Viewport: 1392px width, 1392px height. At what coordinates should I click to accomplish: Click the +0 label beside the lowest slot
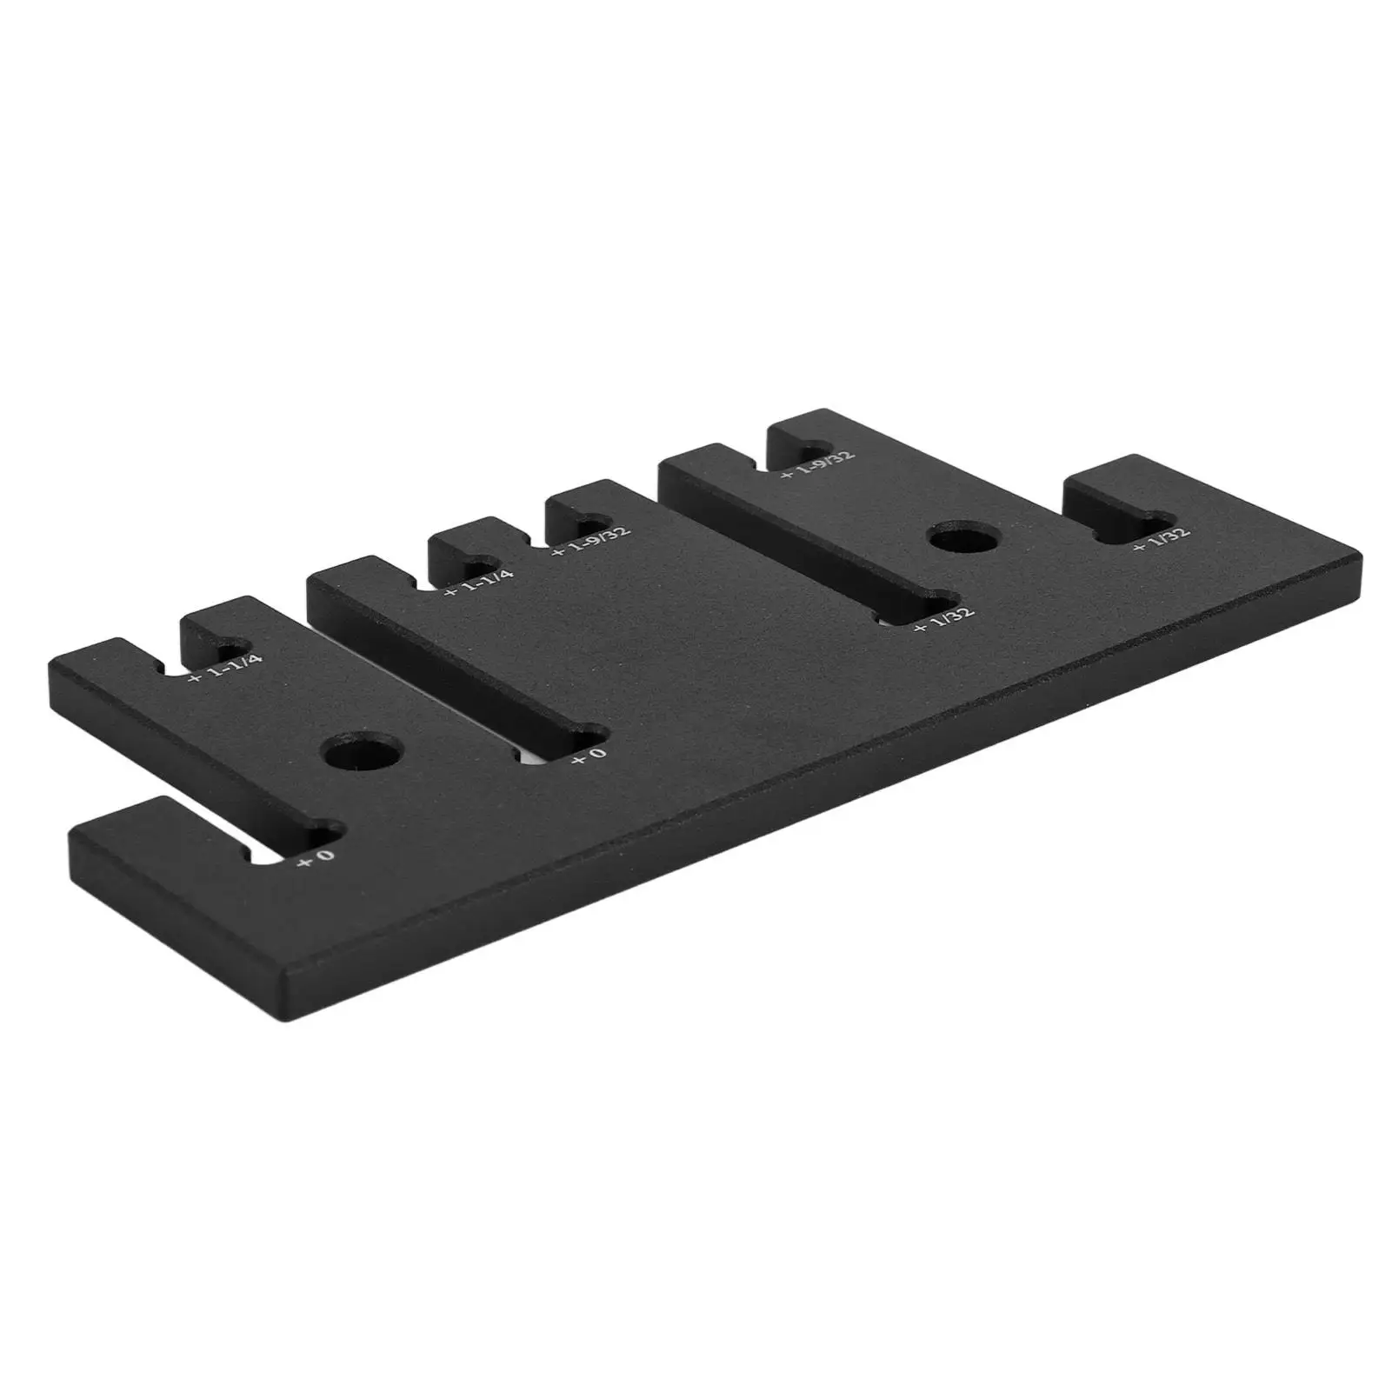pos(316,858)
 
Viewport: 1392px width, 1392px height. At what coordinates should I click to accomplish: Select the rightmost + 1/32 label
pos(1160,540)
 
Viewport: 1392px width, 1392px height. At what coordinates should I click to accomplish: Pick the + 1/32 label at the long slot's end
pos(944,618)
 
